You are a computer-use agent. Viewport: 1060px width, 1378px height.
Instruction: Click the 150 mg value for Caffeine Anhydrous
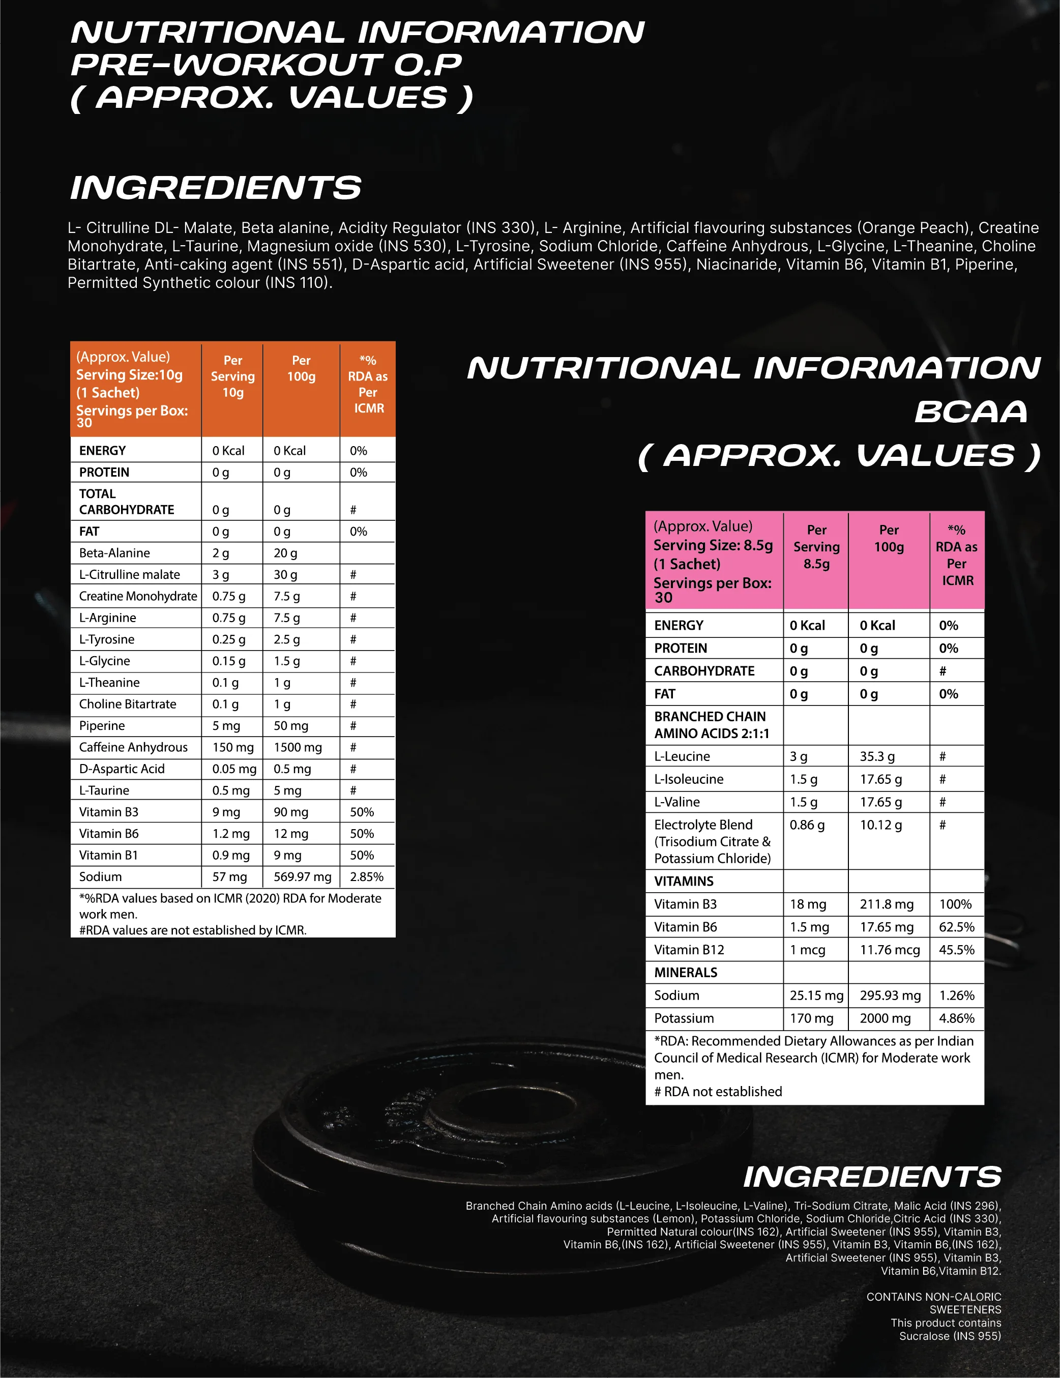[x=233, y=747]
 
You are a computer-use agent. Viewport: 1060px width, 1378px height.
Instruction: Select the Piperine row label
[x=102, y=725]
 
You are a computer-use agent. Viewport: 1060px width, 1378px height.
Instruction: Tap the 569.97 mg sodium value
[x=302, y=876]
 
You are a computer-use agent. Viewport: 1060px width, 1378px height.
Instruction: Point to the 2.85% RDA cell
[x=367, y=876]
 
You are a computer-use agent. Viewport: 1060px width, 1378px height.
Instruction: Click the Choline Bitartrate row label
[x=128, y=704]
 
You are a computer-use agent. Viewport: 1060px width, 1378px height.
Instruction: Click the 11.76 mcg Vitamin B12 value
[x=890, y=950]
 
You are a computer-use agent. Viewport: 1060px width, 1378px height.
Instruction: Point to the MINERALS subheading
[x=686, y=972]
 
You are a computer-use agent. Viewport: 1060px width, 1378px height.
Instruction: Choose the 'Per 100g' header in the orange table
[x=301, y=368]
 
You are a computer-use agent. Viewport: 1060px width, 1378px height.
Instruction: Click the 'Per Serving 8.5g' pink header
[x=816, y=546]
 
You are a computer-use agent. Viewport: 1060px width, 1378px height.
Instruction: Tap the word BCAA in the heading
[x=970, y=412]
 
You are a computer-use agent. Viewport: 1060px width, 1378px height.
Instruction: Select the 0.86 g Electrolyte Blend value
[x=807, y=825]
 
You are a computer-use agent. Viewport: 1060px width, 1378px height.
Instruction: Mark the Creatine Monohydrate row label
[x=137, y=596]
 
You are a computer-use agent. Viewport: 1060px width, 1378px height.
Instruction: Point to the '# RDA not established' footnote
[x=718, y=1092]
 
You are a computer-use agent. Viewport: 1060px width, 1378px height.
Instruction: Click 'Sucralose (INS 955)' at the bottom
[x=950, y=1336]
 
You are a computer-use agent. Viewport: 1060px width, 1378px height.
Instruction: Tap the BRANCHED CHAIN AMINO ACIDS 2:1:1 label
[x=711, y=725]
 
